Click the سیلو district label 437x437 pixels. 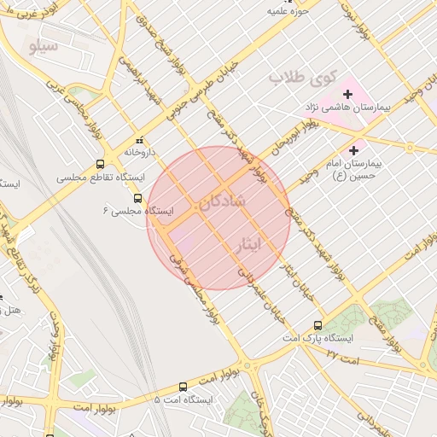point(44,45)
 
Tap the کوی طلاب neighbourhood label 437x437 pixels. point(303,77)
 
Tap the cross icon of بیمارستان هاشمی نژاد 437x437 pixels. point(347,93)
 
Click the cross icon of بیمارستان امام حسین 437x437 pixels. point(354,149)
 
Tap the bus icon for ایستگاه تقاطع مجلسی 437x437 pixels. point(101,165)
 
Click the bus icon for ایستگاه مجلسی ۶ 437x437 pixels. point(138,198)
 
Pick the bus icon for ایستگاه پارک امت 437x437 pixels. point(318,325)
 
